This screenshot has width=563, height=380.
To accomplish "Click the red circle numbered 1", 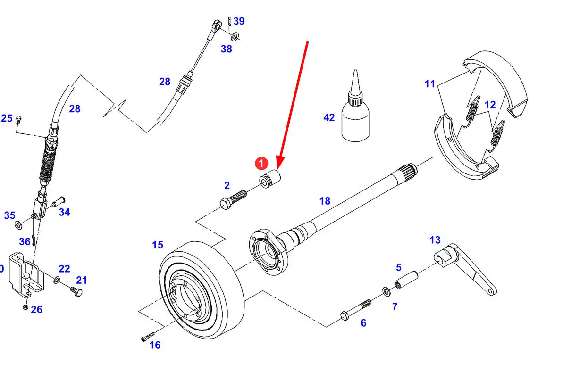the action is (x=261, y=163).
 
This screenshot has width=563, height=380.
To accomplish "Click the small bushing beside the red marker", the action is (x=270, y=179).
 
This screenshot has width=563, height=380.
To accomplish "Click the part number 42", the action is (x=329, y=117).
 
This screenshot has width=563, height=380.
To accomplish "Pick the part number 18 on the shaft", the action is (x=325, y=201).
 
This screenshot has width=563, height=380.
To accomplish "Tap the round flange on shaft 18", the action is (x=267, y=252).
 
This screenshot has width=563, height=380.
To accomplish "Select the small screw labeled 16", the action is (x=148, y=337).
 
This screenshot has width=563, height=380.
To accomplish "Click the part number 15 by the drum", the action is (x=157, y=245).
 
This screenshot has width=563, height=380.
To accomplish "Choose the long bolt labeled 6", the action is (x=355, y=310).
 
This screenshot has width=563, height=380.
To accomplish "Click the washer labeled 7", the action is (x=386, y=290).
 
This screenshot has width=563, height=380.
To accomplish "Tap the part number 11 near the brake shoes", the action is (x=430, y=83).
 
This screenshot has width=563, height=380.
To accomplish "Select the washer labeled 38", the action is (x=235, y=36).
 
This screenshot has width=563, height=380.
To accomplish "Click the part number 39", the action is (x=239, y=21).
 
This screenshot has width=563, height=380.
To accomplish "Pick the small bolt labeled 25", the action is (x=19, y=119).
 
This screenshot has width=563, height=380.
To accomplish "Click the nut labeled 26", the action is (x=25, y=307).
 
